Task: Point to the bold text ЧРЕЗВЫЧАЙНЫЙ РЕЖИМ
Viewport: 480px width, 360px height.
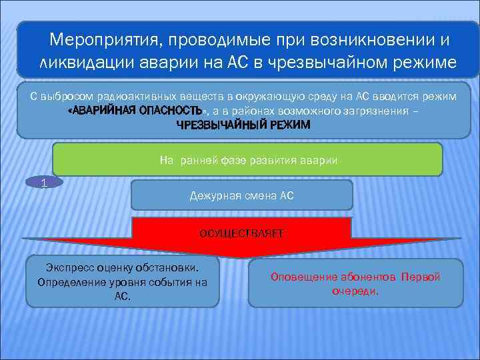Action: tap(243, 125)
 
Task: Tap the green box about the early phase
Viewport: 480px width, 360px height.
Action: tap(247, 159)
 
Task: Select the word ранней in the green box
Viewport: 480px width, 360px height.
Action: tap(198, 160)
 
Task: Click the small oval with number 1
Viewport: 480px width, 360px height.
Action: tap(44, 182)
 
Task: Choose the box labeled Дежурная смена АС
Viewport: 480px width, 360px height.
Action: tap(241, 195)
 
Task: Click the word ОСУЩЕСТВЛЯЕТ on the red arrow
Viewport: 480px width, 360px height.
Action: tap(241, 233)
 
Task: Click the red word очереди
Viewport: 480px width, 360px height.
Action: tap(355, 291)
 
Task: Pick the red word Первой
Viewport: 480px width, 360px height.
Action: tap(421, 277)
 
